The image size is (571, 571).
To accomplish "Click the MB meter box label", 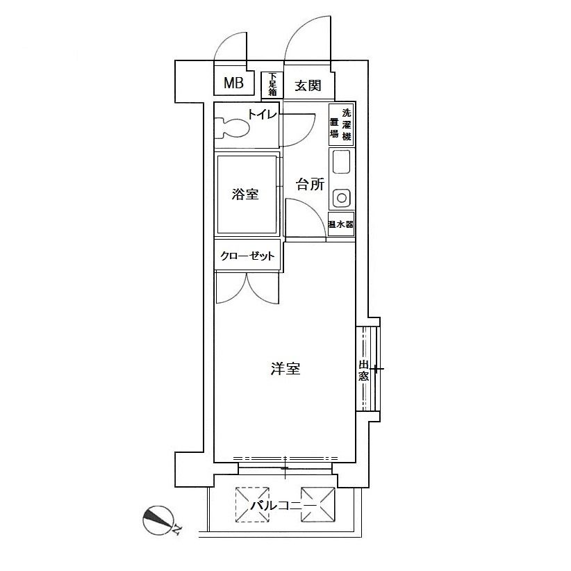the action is click(233, 83).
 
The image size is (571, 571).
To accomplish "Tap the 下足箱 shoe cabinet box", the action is click(272, 85).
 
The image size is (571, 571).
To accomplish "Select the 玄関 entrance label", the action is click(308, 85).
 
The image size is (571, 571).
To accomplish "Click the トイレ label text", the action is click(263, 115).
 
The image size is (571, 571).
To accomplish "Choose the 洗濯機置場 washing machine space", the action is click(341, 124).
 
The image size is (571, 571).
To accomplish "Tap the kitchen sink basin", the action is click(342, 162).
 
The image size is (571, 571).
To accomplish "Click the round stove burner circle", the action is click(342, 198).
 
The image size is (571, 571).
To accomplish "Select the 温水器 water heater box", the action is click(341, 224).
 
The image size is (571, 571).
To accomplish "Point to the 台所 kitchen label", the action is click(310, 184).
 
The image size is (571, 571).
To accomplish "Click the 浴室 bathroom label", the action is click(245, 194).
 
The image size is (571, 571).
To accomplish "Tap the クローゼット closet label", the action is click(247, 256).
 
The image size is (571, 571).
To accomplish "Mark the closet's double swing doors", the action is click(247, 288).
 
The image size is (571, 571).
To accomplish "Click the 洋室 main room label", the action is click(285, 369).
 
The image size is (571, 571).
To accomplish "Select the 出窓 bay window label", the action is click(363, 370).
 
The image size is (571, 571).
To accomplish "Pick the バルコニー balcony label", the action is click(283, 506).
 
